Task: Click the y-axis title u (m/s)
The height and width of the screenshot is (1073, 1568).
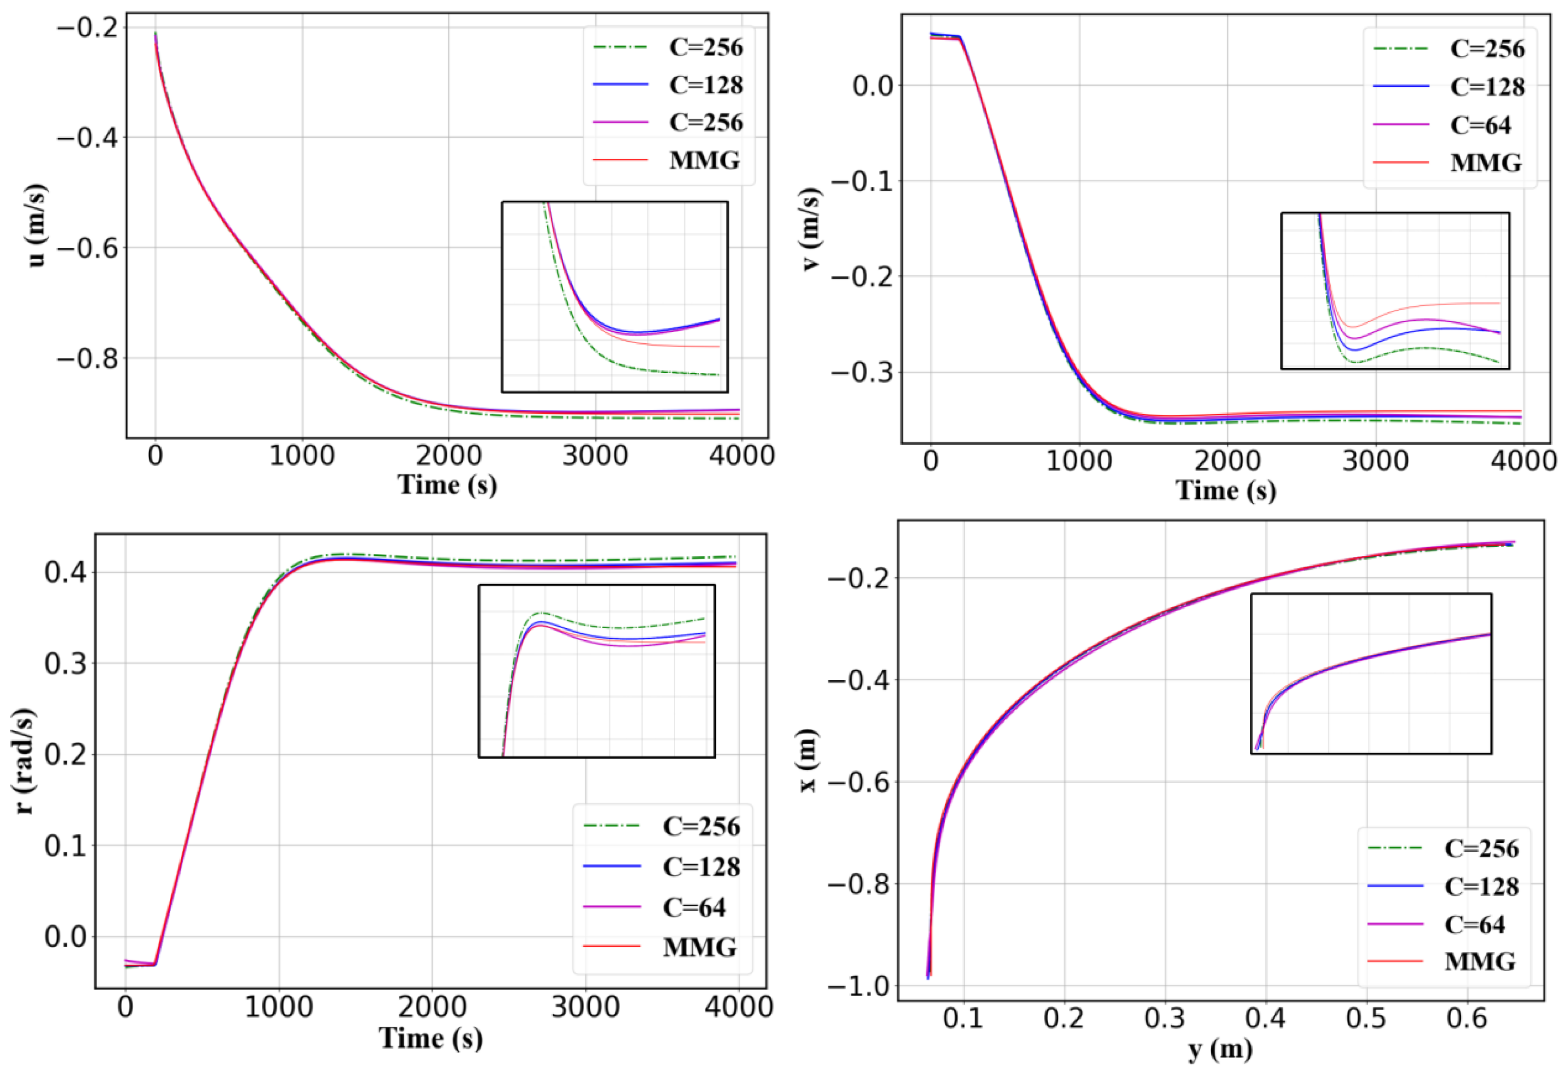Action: [38, 225]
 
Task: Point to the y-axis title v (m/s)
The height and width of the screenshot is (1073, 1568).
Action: [812, 229]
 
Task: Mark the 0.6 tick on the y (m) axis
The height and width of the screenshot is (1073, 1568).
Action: [1467, 1018]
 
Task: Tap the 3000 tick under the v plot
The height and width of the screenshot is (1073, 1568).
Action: [1374, 461]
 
